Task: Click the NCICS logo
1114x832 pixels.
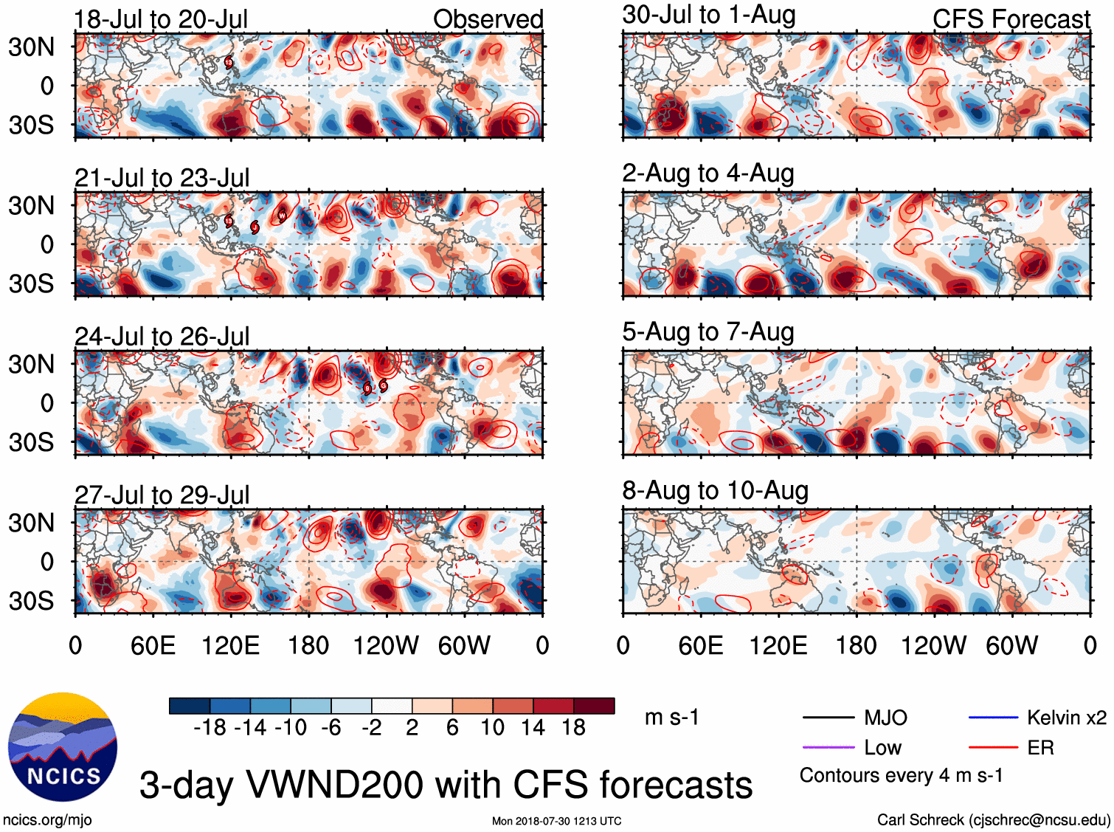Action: click(63, 746)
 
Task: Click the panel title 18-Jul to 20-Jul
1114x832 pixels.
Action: click(161, 19)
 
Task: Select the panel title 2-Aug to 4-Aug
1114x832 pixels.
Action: click(708, 173)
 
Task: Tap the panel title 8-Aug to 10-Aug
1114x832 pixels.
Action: click(715, 491)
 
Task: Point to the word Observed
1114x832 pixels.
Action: click(488, 19)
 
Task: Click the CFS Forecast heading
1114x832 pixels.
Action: click(1011, 19)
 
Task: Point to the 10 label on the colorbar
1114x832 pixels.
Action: click(492, 728)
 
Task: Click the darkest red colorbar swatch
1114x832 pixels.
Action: click(594, 706)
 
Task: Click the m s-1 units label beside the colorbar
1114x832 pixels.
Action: click(671, 718)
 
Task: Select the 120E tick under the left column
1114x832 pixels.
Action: click(231, 646)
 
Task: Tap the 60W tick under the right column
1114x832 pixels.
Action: click(1011, 646)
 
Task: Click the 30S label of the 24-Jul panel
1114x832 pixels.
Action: click(31, 442)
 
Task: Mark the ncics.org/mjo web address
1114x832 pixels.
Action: click(47, 819)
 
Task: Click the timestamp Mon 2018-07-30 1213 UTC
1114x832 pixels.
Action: click(556, 821)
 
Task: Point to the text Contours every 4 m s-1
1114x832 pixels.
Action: click(901, 776)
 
